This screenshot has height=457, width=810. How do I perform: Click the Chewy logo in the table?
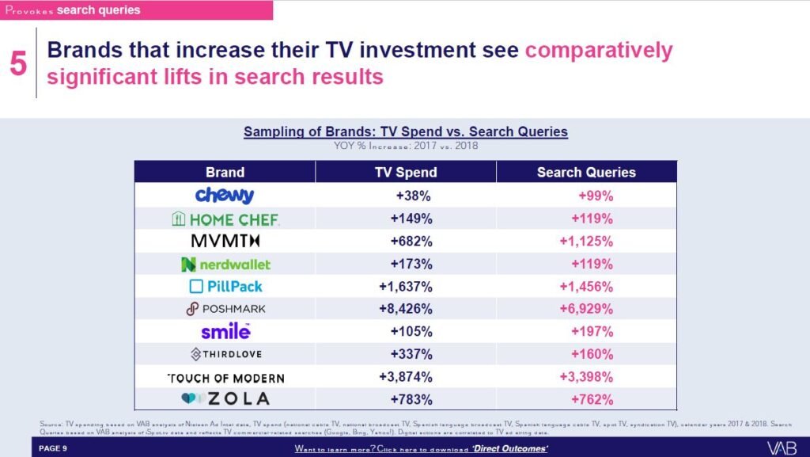[225, 195]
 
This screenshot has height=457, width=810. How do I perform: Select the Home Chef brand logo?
[225, 219]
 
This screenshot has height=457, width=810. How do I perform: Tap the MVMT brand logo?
[225, 241]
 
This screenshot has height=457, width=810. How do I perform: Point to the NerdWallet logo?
[225, 264]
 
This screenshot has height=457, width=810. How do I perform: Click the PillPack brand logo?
[225, 286]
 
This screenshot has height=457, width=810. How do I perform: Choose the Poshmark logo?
[225, 309]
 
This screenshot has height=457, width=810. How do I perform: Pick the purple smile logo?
[225, 331]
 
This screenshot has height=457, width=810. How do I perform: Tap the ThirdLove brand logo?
[225, 354]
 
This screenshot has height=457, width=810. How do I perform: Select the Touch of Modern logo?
[225, 378]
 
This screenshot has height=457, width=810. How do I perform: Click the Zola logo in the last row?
[225, 399]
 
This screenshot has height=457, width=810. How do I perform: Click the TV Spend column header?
[405, 172]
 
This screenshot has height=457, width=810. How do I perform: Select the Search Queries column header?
[586, 172]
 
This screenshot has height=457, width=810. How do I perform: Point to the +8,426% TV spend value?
[405, 309]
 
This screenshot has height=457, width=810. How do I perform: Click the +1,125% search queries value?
[586, 241]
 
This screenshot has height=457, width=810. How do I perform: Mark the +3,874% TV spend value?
[405, 377]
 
